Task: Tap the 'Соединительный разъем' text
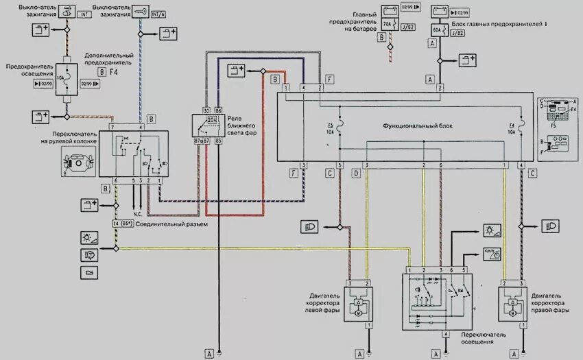pos(163,224)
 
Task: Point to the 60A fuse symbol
pos(436,29)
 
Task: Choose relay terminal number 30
pos(206,110)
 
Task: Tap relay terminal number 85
pos(219,141)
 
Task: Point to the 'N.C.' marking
pos(137,213)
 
